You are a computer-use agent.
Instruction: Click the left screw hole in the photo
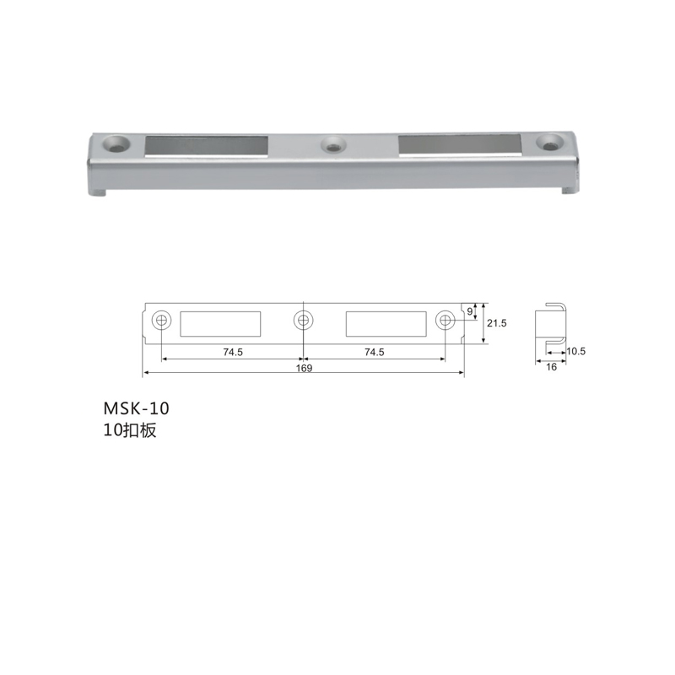[116, 143]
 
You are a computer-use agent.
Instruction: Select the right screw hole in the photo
[549, 143]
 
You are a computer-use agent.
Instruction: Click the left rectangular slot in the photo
[207, 146]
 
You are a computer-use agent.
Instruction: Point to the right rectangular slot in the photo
[460, 144]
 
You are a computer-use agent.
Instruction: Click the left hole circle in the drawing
[162, 321]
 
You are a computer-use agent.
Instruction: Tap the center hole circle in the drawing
[304, 321]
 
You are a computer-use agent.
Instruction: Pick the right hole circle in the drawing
[445, 321]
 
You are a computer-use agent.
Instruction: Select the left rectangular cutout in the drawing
[220, 324]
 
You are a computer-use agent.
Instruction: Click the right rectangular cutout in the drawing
[386, 324]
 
